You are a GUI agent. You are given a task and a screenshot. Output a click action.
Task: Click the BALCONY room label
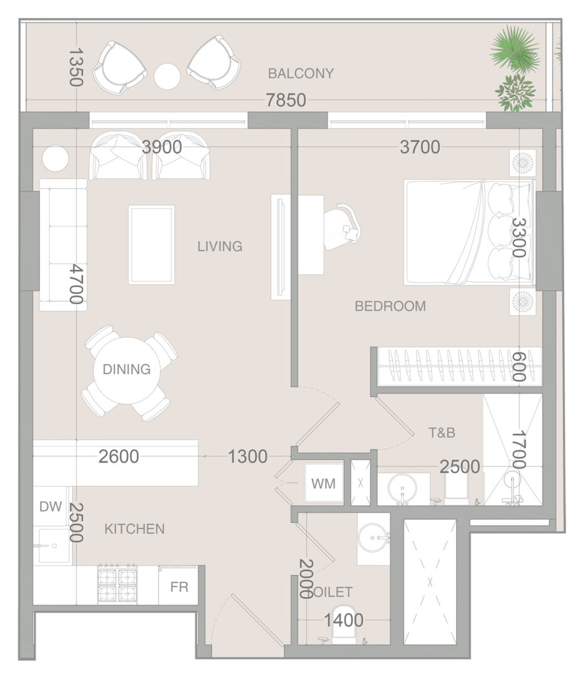pos(301,73)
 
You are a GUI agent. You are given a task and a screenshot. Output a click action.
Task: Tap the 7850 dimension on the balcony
pos(286,100)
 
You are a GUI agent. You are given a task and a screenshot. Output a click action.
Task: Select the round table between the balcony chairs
pos(168,76)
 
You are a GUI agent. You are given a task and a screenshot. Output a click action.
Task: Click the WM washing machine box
pos(324,483)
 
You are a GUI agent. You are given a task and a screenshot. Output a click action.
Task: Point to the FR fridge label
pos(179,587)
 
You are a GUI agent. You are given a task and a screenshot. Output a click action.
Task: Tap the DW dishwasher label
pos(51,507)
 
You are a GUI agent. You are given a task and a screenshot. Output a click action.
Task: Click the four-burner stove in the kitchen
pos(117,584)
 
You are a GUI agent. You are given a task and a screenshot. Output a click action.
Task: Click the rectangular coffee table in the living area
pos(151,245)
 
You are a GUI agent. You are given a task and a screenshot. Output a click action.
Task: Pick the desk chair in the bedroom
pos(341,227)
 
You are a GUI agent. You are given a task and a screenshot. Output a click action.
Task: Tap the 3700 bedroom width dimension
pos(420,148)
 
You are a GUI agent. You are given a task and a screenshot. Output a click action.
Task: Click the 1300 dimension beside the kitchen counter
pos(248,456)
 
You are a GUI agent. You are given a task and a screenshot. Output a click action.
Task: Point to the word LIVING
pos(220,247)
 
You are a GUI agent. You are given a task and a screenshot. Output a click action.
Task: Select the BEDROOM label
pos(390,306)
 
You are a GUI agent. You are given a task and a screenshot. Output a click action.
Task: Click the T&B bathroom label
pos(442,433)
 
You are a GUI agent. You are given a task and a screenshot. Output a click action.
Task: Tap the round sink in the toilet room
pos(373,538)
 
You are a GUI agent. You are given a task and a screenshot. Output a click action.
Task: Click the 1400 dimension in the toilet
pos(343,620)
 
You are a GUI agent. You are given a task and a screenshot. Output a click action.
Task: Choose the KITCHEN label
pos(134,529)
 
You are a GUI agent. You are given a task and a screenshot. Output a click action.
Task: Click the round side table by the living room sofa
pos(55,159)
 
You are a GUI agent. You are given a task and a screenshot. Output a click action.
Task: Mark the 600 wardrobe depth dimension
pos(518,367)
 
